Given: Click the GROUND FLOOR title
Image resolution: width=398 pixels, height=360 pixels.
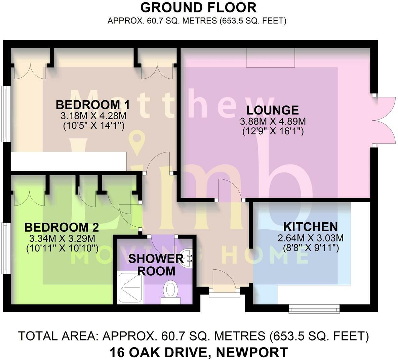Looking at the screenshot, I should [198, 7].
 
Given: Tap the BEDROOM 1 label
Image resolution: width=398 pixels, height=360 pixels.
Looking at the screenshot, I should [92, 104].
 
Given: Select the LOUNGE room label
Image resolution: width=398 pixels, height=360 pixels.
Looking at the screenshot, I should [272, 110].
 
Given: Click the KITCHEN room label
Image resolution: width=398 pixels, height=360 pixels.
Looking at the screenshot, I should [310, 227].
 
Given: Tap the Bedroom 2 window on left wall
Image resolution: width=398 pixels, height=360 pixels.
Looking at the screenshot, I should [5, 247].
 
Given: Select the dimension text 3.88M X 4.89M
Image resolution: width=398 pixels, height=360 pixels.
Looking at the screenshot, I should [273, 121].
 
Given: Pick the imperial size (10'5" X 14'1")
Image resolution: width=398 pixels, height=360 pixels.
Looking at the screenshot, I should [92, 126].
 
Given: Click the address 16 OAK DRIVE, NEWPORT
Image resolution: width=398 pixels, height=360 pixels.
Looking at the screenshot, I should [198, 352].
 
